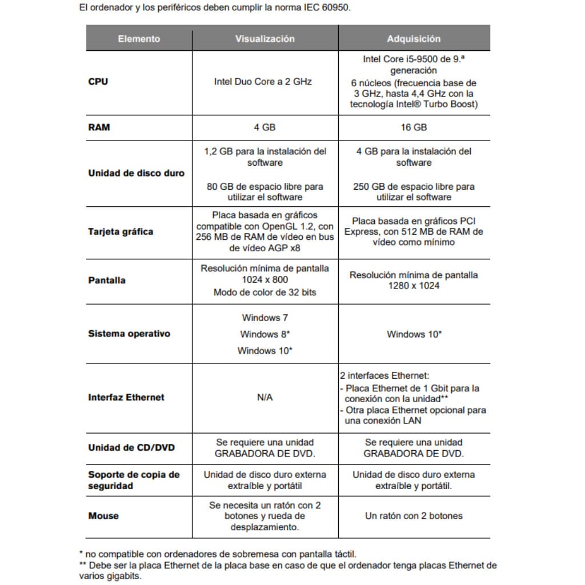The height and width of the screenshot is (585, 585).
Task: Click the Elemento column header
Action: click(x=139, y=39)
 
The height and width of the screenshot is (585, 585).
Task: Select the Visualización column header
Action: click(x=265, y=39)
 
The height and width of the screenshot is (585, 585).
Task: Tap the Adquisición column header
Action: click(x=414, y=39)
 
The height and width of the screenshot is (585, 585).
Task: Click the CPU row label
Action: click(x=98, y=82)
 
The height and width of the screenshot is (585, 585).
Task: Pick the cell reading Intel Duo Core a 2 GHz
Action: click(x=263, y=82)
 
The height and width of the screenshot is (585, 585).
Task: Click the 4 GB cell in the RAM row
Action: click(x=265, y=127)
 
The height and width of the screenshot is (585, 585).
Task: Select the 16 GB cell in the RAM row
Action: click(x=414, y=127)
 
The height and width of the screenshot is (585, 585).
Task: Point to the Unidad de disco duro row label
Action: click(x=136, y=173)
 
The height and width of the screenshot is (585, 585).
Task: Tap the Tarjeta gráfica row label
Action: click(x=121, y=232)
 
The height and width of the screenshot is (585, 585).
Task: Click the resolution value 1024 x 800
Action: click(x=265, y=280)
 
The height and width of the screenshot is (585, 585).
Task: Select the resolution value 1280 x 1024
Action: click(x=414, y=286)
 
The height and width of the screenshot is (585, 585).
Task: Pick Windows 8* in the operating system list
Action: click(x=265, y=334)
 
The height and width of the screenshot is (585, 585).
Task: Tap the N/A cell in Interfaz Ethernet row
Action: click(x=265, y=398)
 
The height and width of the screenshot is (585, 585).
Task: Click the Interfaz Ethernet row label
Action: click(x=126, y=398)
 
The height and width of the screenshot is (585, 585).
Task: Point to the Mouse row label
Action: click(x=103, y=516)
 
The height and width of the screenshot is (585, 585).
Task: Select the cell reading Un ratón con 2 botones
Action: click(x=414, y=516)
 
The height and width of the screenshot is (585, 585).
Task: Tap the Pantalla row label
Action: click(x=107, y=281)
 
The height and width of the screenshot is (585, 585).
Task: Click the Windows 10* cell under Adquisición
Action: click(x=414, y=334)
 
